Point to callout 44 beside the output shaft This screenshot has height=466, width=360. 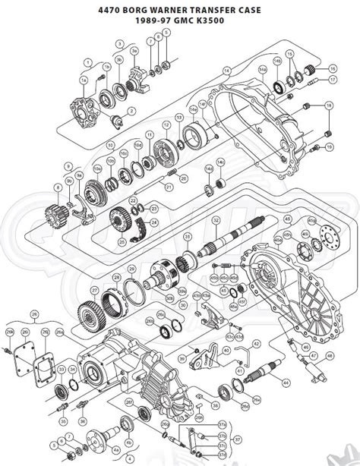click(x=286, y=381)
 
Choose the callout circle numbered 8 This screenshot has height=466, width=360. click(x=58, y=186)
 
